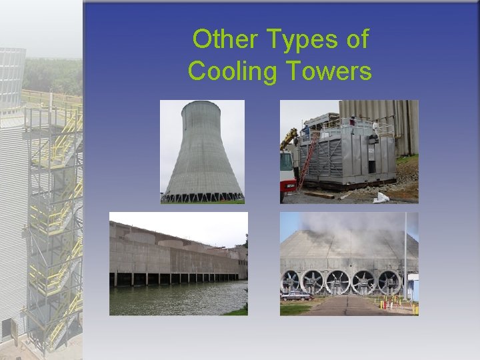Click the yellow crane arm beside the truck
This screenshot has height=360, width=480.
tap(289, 139)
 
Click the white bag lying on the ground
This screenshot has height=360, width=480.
tap(382, 197)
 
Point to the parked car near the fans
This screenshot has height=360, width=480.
tap(295, 295)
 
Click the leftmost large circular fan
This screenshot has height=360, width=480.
tap(292, 281)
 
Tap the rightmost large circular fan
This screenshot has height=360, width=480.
tap(389, 282)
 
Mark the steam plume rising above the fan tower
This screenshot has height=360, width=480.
tap(333, 223)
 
